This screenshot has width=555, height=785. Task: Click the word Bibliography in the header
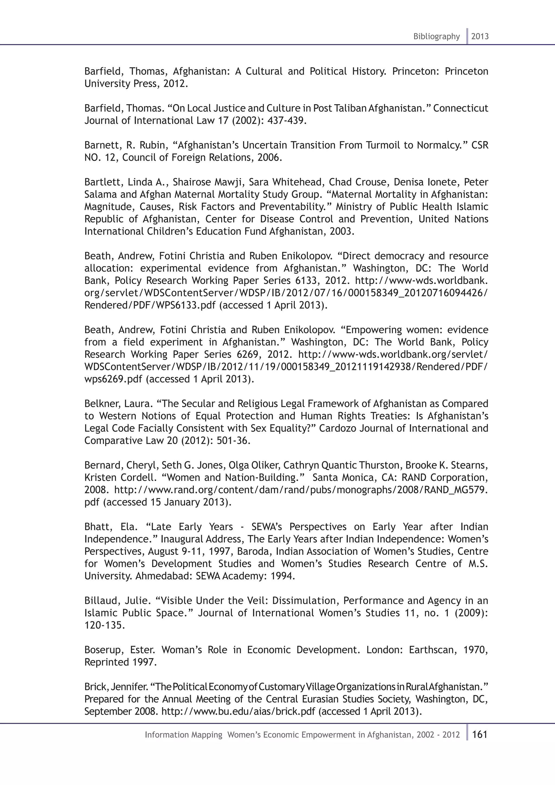[x=436, y=37]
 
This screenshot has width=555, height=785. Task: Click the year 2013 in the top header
[x=480, y=37]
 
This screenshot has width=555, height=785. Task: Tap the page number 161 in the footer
[x=480, y=734]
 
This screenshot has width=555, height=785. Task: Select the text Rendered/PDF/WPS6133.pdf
[x=150, y=305]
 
